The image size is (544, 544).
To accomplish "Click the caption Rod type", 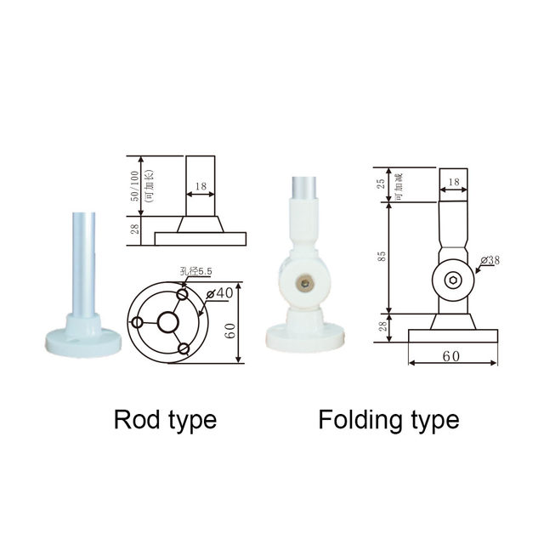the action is pos(165,419).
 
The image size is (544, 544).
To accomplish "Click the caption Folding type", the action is pos(388,419).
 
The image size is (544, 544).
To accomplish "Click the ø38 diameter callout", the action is pos(490,260).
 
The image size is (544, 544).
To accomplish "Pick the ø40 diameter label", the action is pos(224,293).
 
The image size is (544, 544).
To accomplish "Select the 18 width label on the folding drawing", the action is pos(453,181).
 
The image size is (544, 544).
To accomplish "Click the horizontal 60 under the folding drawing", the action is pos(450,356).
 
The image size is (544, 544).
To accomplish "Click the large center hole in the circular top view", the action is pos(167,321).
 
